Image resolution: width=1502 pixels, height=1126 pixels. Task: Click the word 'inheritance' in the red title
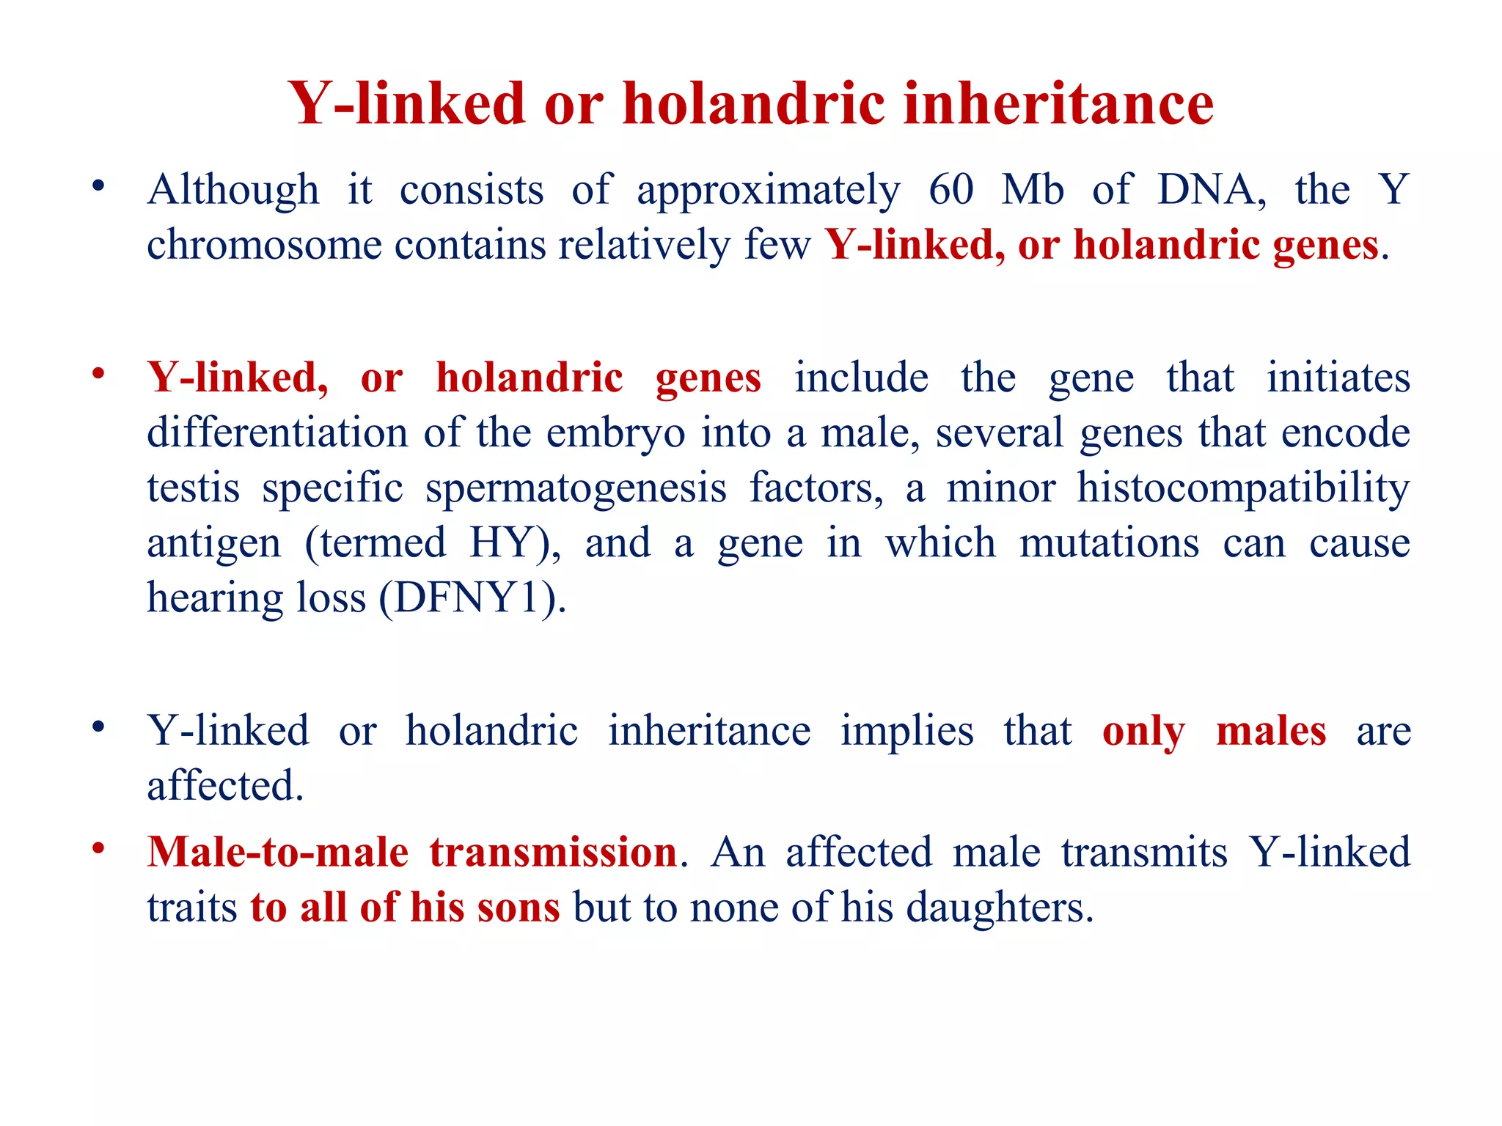click(x=1058, y=103)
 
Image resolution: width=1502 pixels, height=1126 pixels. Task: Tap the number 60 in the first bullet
click(x=951, y=190)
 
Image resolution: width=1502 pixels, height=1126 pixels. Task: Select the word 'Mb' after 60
click(x=1033, y=190)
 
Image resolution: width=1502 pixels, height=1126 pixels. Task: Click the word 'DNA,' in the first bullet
click(x=1212, y=190)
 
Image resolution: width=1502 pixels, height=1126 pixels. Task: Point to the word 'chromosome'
click(x=264, y=245)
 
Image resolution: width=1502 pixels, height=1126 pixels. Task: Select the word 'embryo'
click(x=615, y=433)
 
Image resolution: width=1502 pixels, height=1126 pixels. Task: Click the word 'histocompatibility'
click(x=1243, y=488)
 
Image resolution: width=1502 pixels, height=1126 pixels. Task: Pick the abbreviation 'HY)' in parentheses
click(x=515, y=543)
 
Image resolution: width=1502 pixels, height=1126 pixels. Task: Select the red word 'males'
click(x=1271, y=731)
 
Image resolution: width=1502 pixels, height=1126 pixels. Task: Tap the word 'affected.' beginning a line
click(x=225, y=786)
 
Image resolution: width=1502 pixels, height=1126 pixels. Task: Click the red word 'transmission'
click(x=553, y=853)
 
